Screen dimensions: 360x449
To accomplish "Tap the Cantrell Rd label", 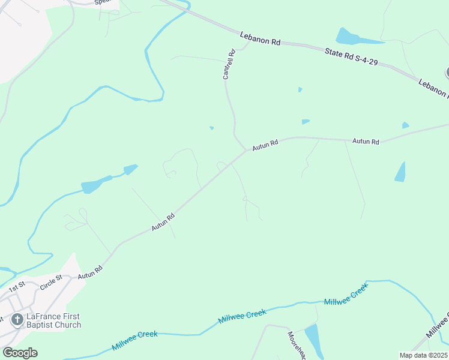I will click(228, 65).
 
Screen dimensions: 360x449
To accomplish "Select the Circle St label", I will click(52, 281).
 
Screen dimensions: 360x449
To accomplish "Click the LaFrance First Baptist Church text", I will click(53, 320).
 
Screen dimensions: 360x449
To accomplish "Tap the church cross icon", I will click(17, 319).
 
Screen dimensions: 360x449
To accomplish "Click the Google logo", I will click(20, 353).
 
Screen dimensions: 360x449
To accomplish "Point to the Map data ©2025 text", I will click(423, 355).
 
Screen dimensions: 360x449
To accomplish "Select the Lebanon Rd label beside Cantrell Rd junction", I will click(260, 39).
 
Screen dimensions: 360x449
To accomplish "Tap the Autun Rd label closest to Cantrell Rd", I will click(265, 145).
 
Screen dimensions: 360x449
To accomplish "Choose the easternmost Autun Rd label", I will click(366, 142).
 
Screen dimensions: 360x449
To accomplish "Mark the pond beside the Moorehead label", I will click(313, 339).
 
